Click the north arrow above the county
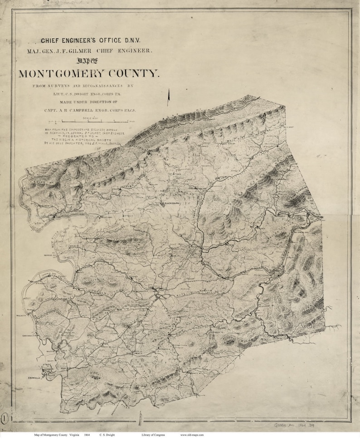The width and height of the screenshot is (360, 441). [x=168, y=98]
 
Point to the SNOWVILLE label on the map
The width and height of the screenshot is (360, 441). [x=35, y=377]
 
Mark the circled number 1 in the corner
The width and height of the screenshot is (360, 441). [x=5, y=416]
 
